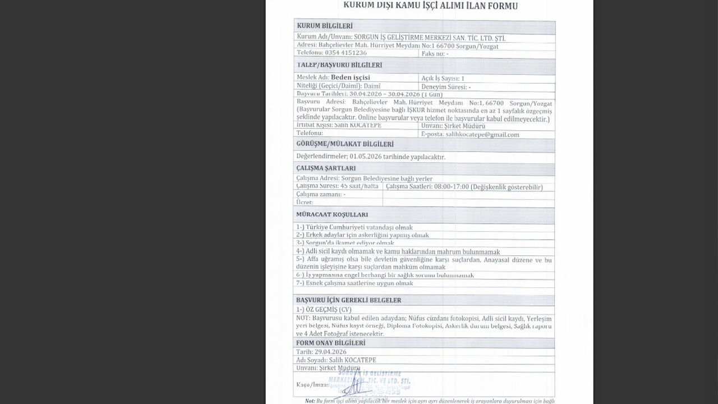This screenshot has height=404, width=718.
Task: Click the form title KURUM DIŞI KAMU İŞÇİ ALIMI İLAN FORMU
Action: pos(430,6)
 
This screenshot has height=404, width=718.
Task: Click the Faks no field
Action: pos(435,53)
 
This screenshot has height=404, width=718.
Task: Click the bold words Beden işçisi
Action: pos(351,77)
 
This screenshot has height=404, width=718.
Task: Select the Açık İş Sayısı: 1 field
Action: pos(443,78)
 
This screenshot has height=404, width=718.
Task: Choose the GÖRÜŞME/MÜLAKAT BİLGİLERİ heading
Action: pos(344,144)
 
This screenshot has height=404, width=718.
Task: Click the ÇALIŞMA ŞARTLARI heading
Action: pos(325,168)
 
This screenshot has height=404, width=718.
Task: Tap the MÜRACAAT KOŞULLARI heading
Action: pos(332,214)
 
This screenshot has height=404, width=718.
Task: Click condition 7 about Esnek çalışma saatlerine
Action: pos(355,283)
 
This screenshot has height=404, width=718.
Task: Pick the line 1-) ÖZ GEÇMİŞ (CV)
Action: pos(324,309)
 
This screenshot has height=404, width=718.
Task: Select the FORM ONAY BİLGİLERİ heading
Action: pos(330,343)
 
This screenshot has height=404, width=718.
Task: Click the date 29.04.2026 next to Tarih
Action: pos(330,352)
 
